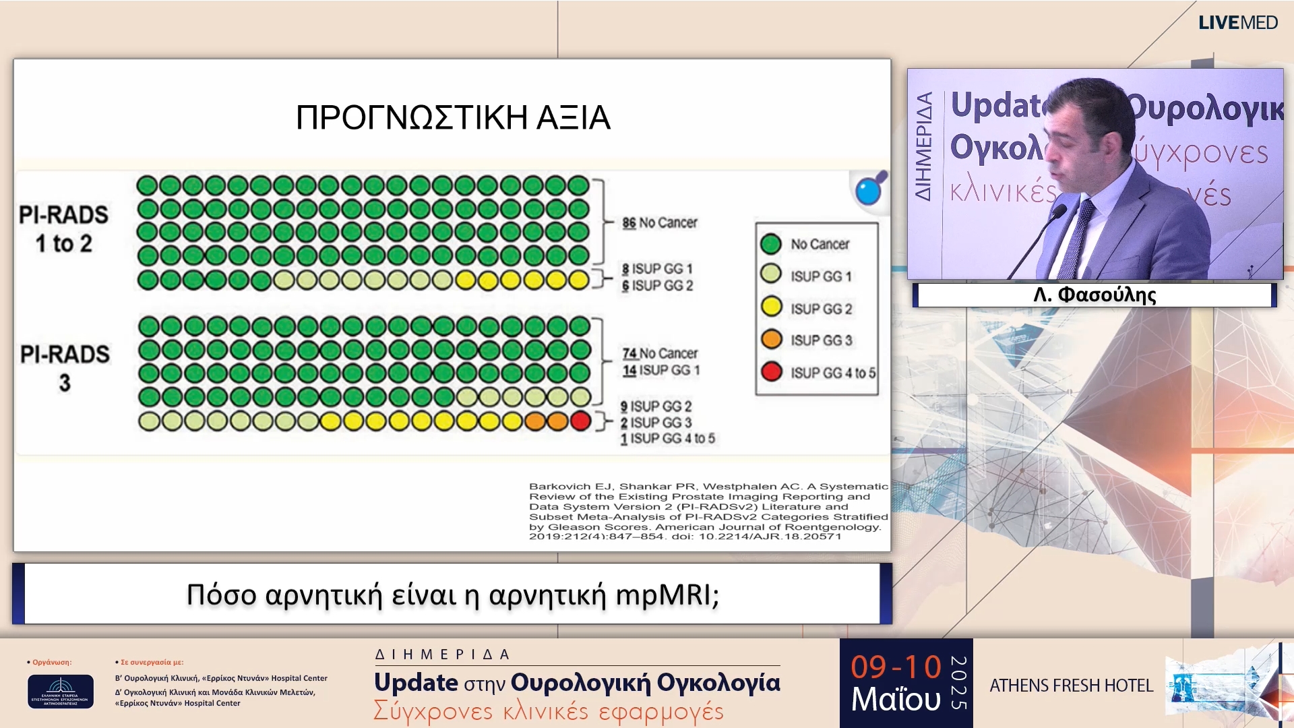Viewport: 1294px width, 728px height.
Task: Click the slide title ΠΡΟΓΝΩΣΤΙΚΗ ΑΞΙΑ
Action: tap(453, 117)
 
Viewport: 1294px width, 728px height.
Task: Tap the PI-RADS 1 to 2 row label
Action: tap(63, 229)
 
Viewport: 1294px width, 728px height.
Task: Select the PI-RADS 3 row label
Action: tap(65, 368)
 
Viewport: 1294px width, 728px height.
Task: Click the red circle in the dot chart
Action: tap(580, 421)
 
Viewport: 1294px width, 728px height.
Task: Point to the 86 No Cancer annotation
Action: tap(659, 222)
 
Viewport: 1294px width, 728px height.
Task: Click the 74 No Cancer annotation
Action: tap(659, 353)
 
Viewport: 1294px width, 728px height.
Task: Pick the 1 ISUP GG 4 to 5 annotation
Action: tap(667, 439)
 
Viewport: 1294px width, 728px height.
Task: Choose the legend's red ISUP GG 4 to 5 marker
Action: tap(771, 372)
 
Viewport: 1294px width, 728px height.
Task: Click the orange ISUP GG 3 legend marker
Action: tap(771, 340)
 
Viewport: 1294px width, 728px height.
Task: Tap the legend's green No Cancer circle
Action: tap(771, 244)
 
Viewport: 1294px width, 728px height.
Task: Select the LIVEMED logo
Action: tap(1237, 23)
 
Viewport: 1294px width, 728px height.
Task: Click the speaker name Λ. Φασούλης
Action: tap(1095, 295)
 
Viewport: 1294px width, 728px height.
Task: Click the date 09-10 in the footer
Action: tap(895, 667)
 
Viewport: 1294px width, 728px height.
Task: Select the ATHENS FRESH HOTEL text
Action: tap(1071, 686)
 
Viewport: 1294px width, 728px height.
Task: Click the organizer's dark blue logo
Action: tap(61, 691)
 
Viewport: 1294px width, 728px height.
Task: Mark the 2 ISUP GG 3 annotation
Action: tap(656, 423)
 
